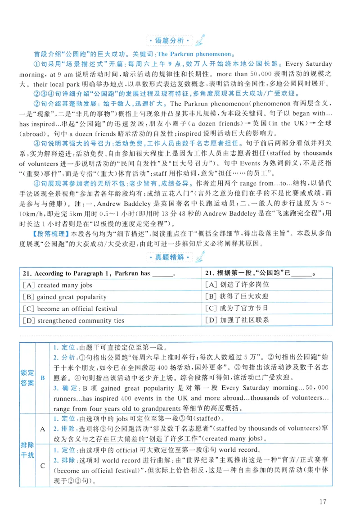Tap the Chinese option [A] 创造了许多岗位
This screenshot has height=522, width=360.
pos(237,285)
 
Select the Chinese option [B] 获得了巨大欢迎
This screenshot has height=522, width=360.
pos(237,297)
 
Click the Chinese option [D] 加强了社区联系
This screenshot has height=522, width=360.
pos(237,321)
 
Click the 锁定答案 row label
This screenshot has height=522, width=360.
pos(27,378)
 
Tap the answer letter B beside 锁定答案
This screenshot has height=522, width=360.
pos(43,378)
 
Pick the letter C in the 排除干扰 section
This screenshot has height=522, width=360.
pos(43,466)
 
